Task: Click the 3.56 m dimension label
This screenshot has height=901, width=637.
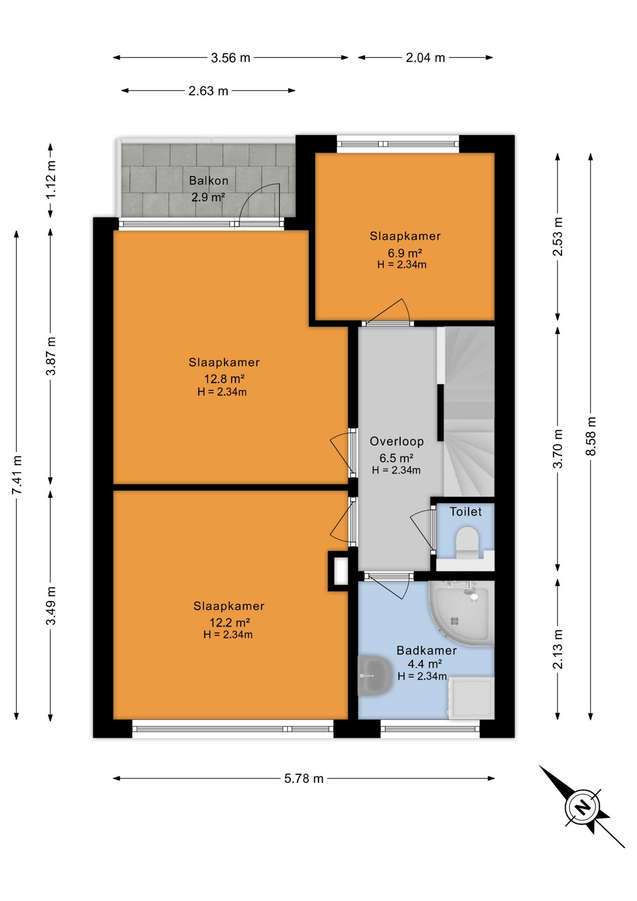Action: (x=230, y=58)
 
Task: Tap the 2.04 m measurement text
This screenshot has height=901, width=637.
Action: (x=425, y=58)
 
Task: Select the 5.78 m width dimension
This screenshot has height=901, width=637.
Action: (x=303, y=779)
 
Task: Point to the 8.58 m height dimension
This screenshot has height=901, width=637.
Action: (x=591, y=436)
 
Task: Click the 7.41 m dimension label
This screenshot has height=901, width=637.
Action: (x=17, y=474)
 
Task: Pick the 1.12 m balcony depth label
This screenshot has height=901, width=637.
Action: (x=51, y=179)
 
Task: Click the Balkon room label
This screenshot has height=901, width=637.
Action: (x=209, y=181)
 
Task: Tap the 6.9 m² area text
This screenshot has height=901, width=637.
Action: (x=405, y=253)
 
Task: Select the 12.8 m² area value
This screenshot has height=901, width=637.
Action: (x=224, y=379)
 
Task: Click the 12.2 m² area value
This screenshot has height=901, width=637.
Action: (x=229, y=622)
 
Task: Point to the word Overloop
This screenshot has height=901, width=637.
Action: (x=397, y=441)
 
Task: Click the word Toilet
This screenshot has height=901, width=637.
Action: (x=466, y=512)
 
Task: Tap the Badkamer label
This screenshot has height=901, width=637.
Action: (x=426, y=650)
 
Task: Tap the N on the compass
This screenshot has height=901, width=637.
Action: (x=583, y=808)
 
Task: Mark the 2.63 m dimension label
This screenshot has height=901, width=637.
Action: (x=208, y=91)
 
